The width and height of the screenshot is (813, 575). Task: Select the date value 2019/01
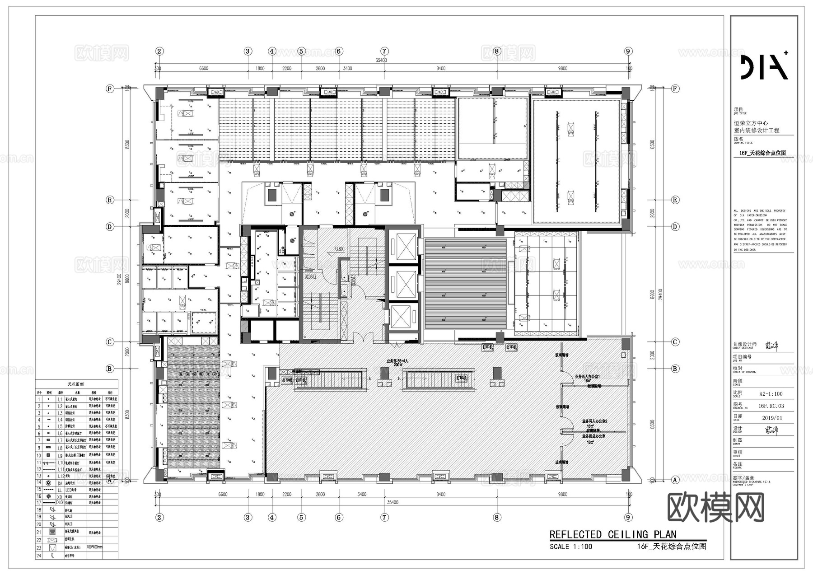click(772, 418)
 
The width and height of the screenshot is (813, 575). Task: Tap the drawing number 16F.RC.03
click(771, 406)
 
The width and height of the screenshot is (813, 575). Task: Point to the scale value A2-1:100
click(771, 394)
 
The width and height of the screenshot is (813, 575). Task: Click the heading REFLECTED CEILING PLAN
click(613, 535)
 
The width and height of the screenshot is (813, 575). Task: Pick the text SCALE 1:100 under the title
click(570, 547)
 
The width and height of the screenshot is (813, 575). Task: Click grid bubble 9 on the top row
click(628, 51)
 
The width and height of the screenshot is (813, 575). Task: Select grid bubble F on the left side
click(109, 89)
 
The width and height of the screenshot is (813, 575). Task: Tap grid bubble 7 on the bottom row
click(384, 518)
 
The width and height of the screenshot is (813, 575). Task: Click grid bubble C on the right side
click(675, 342)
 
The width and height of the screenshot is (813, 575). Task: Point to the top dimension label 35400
click(381, 60)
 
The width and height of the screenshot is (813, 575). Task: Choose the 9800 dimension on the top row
click(562, 69)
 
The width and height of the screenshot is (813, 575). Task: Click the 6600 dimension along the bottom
click(223, 495)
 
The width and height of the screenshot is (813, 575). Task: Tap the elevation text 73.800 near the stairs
click(339, 249)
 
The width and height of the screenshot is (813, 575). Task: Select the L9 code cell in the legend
click(60, 456)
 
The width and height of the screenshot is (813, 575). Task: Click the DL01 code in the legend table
click(60, 502)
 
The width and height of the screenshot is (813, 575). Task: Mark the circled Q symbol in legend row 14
click(49, 483)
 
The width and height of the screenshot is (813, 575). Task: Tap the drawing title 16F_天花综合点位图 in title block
click(762, 153)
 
